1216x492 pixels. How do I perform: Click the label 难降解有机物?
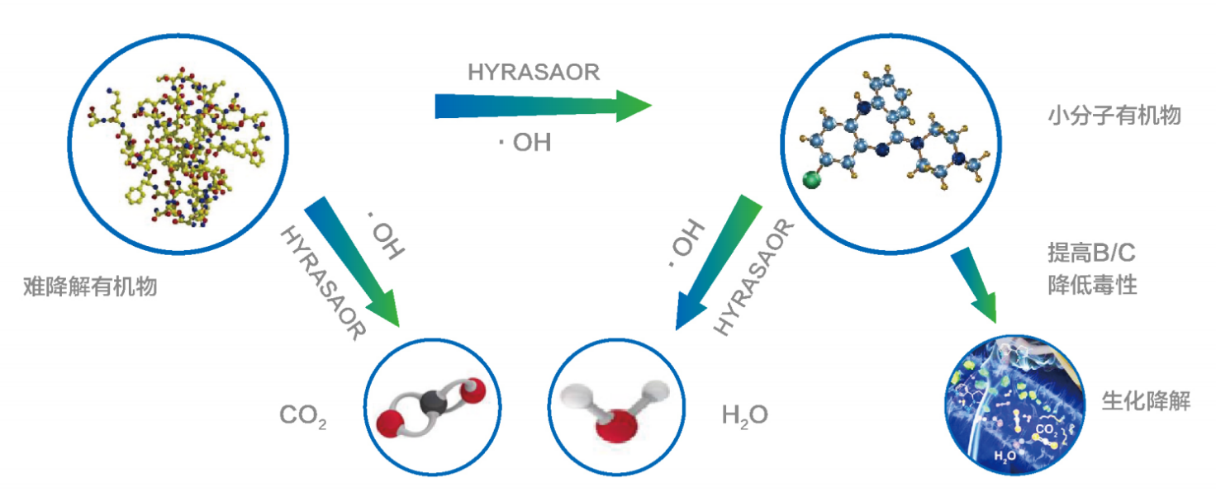pos(91,288)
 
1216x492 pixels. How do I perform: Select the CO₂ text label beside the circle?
pos(303,415)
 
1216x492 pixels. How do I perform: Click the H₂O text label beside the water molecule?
pos(744,414)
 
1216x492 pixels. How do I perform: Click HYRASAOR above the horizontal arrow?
pos(533,73)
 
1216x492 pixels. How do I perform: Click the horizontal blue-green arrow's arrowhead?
pos(632,106)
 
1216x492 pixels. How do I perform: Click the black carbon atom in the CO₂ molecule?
pos(430,403)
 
